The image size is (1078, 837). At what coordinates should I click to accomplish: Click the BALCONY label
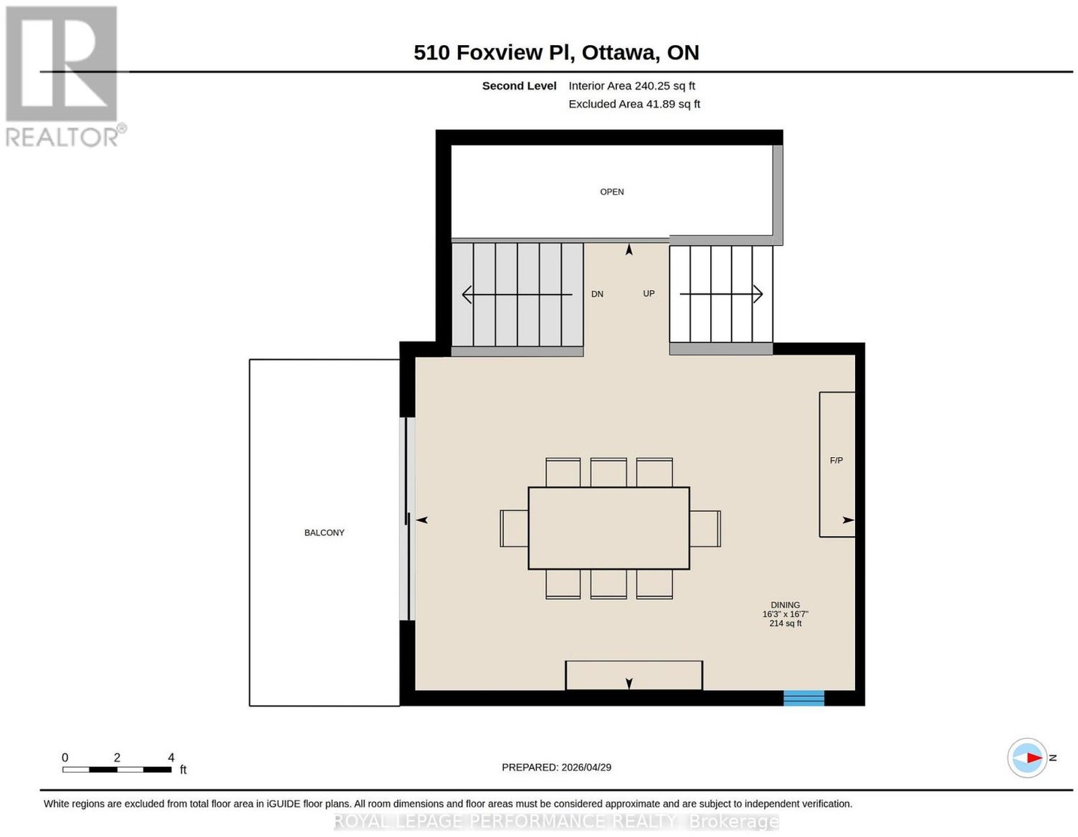[324, 533]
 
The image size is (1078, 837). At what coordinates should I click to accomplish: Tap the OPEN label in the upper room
[612, 192]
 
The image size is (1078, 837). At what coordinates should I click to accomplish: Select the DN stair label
[597, 294]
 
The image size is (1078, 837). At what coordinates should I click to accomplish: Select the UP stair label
[648, 294]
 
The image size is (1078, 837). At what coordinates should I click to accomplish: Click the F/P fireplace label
[836, 461]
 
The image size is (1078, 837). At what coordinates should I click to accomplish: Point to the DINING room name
[785, 605]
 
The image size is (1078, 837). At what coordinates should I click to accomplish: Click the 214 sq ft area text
[785, 624]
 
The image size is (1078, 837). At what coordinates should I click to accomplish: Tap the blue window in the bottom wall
[803, 698]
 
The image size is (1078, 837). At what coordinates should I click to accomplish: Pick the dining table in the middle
[608, 528]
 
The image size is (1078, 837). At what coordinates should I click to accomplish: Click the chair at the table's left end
[514, 529]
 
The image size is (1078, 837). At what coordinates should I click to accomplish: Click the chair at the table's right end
[705, 529]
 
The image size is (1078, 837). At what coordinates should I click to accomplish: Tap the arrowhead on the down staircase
[467, 294]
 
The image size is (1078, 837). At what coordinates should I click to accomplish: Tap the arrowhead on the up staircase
[757, 294]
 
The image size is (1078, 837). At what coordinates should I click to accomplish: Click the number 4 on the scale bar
[170, 758]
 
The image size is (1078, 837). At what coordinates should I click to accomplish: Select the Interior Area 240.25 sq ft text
[631, 86]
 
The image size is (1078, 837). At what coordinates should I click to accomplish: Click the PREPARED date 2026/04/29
[586, 767]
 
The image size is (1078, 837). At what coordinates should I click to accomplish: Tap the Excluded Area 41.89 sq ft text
[634, 104]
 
